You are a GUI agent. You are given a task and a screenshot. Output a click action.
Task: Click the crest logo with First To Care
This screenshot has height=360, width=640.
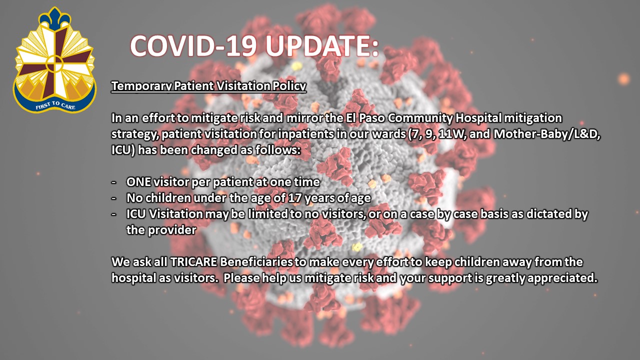[x=54, y=60]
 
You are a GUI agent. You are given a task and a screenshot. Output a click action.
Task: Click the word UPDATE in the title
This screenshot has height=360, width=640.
[x=322, y=46]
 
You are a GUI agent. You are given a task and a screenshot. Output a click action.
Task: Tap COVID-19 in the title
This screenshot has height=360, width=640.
[x=193, y=46]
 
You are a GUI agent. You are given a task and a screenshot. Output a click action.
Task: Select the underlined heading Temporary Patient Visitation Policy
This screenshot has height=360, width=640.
[x=208, y=86]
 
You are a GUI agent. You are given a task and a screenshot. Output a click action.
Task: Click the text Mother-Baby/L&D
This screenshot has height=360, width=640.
[x=546, y=134]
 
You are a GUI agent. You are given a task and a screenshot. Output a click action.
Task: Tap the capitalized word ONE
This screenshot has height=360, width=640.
[x=138, y=182]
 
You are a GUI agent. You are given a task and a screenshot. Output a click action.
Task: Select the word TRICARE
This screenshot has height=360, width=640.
[x=193, y=262]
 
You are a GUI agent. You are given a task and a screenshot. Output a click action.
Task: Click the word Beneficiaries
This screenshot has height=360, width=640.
[x=256, y=262]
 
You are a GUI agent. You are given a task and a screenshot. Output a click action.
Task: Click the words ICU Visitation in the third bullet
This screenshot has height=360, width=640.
[x=164, y=214]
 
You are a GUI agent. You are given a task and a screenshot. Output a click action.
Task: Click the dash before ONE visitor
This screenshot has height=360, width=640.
[x=114, y=182]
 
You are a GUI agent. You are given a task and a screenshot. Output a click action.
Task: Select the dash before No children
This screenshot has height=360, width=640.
[x=114, y=198]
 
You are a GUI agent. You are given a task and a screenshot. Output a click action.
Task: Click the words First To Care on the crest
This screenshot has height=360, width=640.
[x=55, y=105]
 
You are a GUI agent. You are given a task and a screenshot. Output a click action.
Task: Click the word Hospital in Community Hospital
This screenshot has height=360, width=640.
[x=478, y=118]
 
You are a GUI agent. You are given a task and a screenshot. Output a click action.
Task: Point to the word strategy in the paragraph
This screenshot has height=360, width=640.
[x=135, y=134]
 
